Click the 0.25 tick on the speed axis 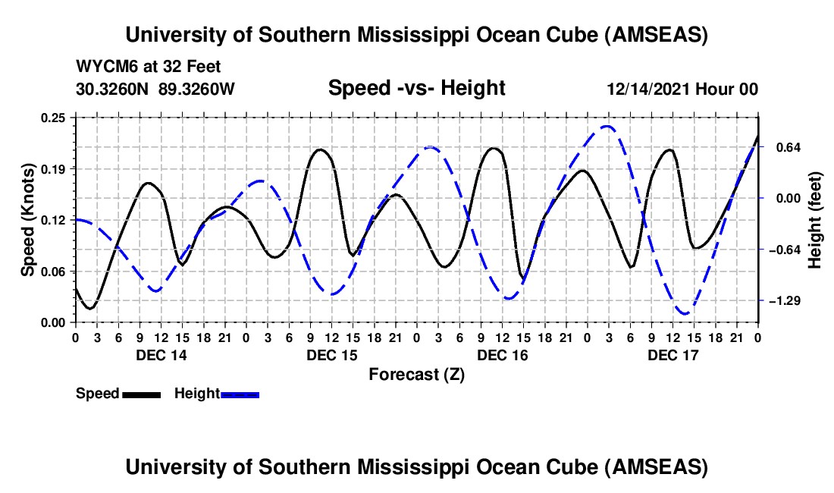tap(57, 118)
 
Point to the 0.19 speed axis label tap(57, 168)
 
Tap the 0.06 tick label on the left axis tap(57, 272)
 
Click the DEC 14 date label tap(161, 355)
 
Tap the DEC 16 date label tap(503, 355)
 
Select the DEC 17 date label tap(673, 355)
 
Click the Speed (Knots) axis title tap(28, 219)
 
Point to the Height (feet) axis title tap(816, 219)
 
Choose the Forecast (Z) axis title tap(416, 374)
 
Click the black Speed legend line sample tap(141, 394)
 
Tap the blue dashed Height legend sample tap(240, 394)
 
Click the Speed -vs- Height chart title tap(416, 88)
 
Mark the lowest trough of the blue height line tap(685, 313)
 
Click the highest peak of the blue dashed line tap(607, 126)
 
